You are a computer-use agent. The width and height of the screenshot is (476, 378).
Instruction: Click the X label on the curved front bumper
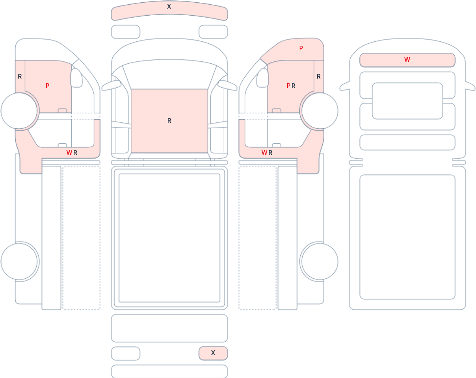pyautogui.click(x=169, y=6)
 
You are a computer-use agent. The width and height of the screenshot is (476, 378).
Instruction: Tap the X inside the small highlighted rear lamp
pyautogui.click(x=213, y=353)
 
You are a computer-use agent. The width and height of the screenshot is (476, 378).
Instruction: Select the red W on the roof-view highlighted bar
pyautogui.click(x=407, y=59)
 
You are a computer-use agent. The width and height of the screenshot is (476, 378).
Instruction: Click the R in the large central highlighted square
pyautogui.click(x=169, y=120)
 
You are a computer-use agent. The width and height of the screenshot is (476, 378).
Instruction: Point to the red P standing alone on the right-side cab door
pyautogui.click(x=301, y=48)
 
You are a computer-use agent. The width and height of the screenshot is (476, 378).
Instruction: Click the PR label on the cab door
pyautogui.click(x=291, y=86)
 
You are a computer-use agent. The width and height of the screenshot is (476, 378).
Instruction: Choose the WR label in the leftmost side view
pyautogui.click(x=72, y=152)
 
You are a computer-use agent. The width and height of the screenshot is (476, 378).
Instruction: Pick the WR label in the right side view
pyautogui.click(x=267, y=152)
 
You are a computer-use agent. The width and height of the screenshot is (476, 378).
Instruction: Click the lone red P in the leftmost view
pyautogui.click(x=47, y=86)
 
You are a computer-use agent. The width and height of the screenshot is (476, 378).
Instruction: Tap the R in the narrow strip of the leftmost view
pyautogui.click(x=20, y=77)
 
